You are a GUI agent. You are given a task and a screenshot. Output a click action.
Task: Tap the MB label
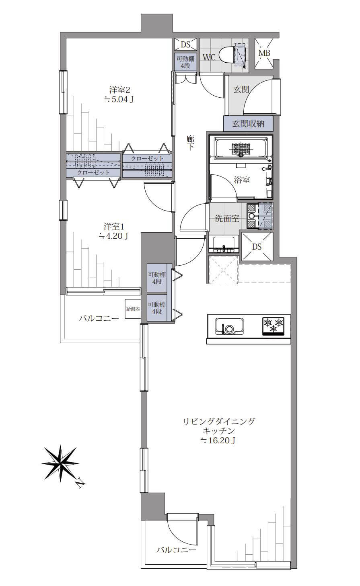point(264,53)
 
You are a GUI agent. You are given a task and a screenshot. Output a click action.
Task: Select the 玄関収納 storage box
point(248,123)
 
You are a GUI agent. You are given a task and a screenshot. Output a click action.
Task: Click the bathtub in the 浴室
point(241,148)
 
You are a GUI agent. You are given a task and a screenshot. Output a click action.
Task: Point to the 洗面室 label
point(227,218)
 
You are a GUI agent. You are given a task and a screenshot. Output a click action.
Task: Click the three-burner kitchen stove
point(274,326)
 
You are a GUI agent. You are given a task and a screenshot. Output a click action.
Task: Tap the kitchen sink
point(229,326)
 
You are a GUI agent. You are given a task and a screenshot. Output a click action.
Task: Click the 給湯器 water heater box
point(133,309)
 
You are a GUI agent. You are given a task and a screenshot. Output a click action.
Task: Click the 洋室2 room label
point(119,90)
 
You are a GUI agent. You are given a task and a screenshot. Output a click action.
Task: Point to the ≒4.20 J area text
point(113,236)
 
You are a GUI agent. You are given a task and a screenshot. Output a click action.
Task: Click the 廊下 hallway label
point(190,143)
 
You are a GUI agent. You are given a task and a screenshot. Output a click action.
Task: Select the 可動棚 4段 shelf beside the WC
point(185,62)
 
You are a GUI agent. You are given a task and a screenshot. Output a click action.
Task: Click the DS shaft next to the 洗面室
point(257,246)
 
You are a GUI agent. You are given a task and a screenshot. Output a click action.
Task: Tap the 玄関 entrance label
point(241,90)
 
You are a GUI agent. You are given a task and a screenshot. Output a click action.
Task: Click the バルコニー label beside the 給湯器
point(99,318)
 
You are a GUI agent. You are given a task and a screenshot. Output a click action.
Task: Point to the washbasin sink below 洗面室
point(224,244)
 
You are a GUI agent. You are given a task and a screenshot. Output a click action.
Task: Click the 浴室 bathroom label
point(242,180)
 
